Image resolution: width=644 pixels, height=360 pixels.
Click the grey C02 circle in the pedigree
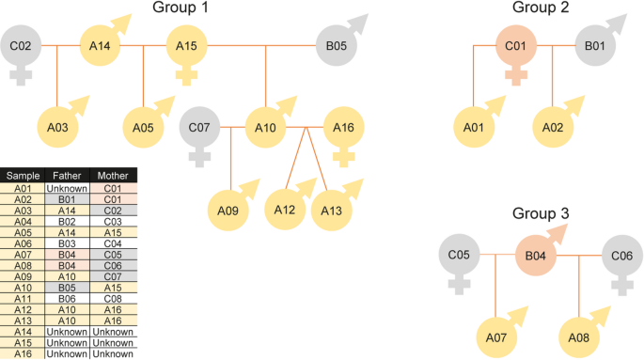[21, 45]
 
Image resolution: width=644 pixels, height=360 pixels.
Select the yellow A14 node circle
[100, 45]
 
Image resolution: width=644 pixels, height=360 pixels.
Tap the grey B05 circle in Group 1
[337, 45]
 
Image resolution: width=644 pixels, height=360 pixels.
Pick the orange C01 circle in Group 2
[516, 45]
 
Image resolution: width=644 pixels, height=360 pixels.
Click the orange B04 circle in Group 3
[536, 256]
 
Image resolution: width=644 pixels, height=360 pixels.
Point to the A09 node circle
[228, 211]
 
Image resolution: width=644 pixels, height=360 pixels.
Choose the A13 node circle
[332, 211]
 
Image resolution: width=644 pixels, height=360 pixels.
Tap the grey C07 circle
[199, 127]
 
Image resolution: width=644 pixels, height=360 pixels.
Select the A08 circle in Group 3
[579, 337]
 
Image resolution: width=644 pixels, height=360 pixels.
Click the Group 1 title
[181, 7]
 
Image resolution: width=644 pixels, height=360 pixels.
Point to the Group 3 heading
[541, 213]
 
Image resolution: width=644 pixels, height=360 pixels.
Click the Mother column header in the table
[113, 176]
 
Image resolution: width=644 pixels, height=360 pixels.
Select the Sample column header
[23, 176]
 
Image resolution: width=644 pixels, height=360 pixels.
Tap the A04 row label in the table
[23, 222]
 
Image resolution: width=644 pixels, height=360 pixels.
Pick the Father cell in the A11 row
[67, 299]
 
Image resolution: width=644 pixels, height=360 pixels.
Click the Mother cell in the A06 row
[113, 243]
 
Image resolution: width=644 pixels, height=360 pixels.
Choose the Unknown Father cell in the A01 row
[67, 188]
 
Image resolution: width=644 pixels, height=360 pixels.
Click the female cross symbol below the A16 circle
[344, 157]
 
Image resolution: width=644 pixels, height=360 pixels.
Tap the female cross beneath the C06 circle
[622, 286]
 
